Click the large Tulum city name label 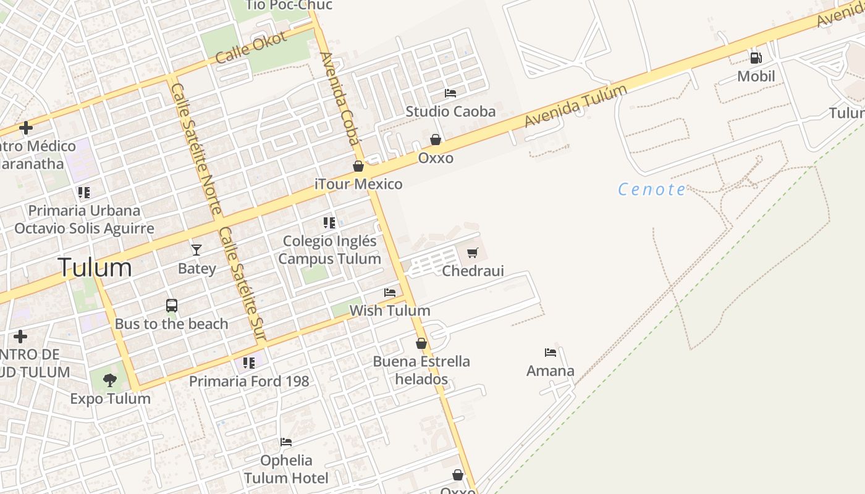[x=95, y=267]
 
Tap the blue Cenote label [x=652, y=189]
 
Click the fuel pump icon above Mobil [x=756, y=58]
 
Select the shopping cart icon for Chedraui [x=473, y=253]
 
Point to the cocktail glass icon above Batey [x=196, y=249]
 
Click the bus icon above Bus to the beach [x=172, y=306]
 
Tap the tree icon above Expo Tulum [x=110, y=380]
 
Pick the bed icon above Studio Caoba [x=450, y=93]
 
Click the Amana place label [x=550, y=371]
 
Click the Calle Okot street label [x=252, y=47]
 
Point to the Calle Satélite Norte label [x=196, y=149]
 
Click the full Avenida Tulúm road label [x=576, y=106]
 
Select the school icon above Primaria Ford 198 [x=248, y=363]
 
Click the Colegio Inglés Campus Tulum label [x=329, y=249]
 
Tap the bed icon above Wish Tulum [x=390, y=293]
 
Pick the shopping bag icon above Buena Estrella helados [x=421, y=343]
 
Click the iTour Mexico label [x=358, y=184]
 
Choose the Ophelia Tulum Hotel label [x=286, y=469]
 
